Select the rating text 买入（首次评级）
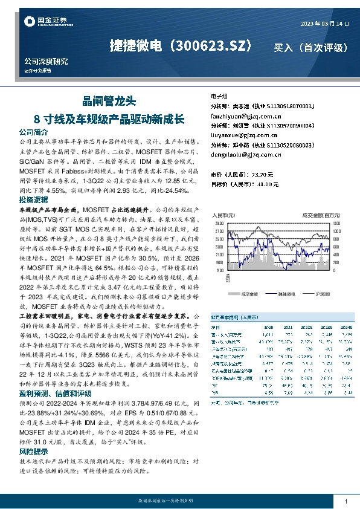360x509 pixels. point(310,47)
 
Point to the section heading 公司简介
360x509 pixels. point(33,131)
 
